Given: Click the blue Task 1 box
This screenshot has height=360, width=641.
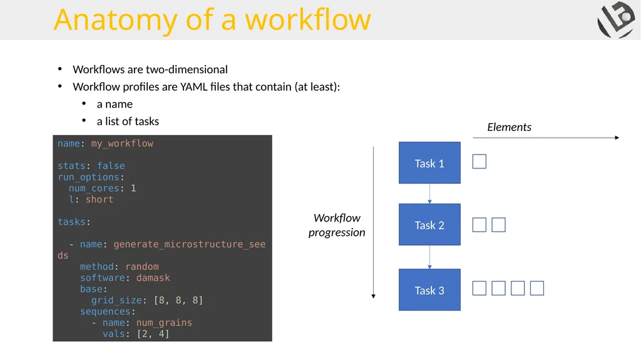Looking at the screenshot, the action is [429, 163].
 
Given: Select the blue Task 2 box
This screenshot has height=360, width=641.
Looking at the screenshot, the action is [429, 225].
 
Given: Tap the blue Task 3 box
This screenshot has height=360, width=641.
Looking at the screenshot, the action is [429, 290].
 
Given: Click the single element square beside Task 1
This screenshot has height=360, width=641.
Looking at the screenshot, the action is [479, 162].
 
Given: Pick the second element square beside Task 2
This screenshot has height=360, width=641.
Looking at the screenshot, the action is [499, 225].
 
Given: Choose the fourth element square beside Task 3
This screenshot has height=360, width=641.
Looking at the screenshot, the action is [537, 289].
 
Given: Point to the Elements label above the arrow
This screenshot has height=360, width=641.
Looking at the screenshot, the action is [510, 127].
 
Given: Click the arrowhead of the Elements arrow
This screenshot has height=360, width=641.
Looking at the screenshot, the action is [617, 138].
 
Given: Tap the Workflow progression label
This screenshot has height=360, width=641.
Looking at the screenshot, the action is [337, 225].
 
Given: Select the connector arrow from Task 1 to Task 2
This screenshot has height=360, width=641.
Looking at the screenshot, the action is [429, 193].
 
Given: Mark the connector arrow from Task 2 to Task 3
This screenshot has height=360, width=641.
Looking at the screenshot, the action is [429, 257].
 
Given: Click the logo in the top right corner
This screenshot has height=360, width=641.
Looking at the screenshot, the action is [617, 19].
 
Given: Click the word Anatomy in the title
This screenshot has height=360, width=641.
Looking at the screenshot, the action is [116, 20].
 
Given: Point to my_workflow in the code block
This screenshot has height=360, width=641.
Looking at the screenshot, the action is [122, 143].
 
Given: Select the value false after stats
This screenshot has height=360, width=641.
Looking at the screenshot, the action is [111, 166].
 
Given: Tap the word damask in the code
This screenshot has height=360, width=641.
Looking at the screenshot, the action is [153, 278].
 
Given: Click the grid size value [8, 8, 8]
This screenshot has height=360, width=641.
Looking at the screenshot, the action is [178, 301].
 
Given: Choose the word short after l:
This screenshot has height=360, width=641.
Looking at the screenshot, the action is [100, 199].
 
